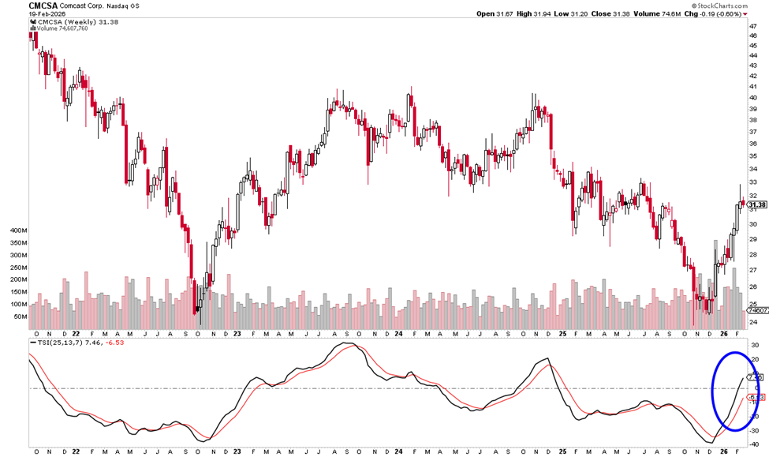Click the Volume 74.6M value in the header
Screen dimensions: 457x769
670,13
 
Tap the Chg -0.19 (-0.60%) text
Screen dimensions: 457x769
731,13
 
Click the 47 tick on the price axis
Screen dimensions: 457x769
753,25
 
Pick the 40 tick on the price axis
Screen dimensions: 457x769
753,98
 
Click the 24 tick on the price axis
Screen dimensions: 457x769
753,322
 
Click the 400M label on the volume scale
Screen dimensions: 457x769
17,230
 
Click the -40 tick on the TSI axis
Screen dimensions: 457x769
753,444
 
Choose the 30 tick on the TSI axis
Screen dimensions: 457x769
753,346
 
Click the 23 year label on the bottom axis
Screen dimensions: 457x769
237,451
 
